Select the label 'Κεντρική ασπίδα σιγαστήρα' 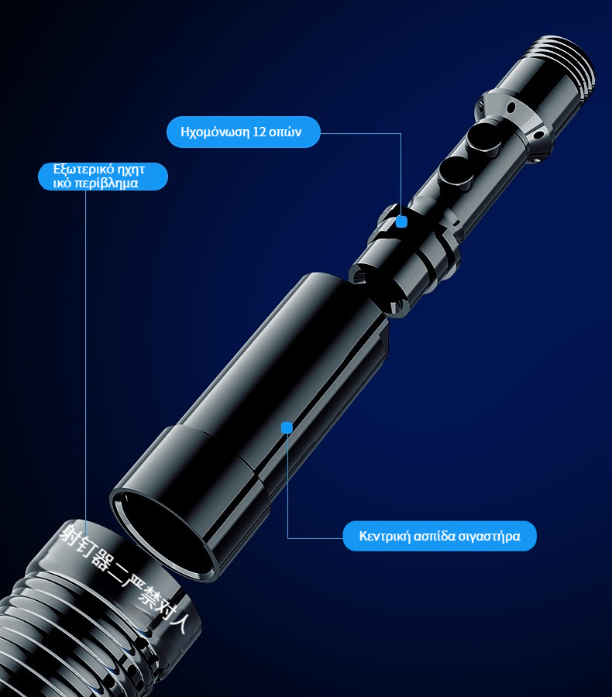pos(439,536)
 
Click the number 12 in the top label pos(259,132)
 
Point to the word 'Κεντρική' pos(385,536)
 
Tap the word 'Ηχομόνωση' pos(215,132)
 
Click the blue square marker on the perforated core pos(401,221)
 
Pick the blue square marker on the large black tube pos(287,427)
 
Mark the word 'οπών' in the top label pos(285,132)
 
